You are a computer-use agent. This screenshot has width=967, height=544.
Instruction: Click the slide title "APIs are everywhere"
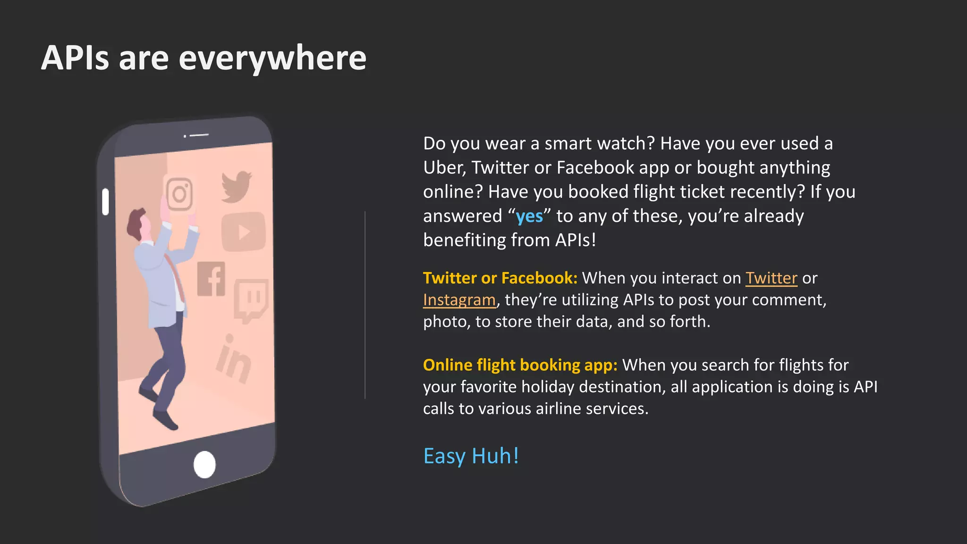point(204,58)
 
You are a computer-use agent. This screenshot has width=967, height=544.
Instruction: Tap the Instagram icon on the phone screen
point(179,194)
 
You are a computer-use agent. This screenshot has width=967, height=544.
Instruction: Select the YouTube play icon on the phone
point(243,232)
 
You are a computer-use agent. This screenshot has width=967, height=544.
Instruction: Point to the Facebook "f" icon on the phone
point(212,279)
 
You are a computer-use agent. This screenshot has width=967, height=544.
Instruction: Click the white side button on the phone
point(105,202)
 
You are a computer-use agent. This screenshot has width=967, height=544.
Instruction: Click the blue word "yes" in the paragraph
point(529,216)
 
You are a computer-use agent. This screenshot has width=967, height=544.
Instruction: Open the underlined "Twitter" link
point(771,278)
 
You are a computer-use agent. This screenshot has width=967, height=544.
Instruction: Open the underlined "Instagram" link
point(459,300)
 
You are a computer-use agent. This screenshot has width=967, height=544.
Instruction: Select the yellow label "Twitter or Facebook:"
point(500,278)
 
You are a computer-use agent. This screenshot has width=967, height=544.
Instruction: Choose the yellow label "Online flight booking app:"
point(520,365)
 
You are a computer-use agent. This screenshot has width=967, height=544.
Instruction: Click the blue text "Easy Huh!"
point(471,456)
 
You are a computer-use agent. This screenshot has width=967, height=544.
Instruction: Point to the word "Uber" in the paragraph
point(443,168)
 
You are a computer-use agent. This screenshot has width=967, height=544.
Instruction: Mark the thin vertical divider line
point(365,305)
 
